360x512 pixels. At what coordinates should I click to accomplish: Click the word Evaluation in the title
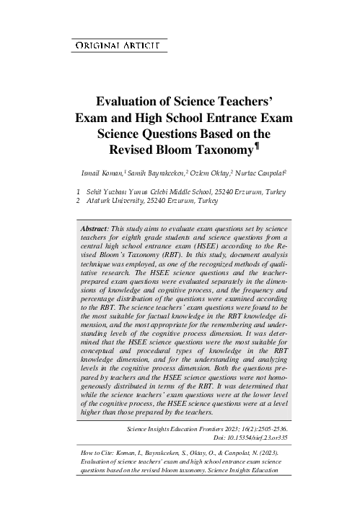(128, 102)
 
